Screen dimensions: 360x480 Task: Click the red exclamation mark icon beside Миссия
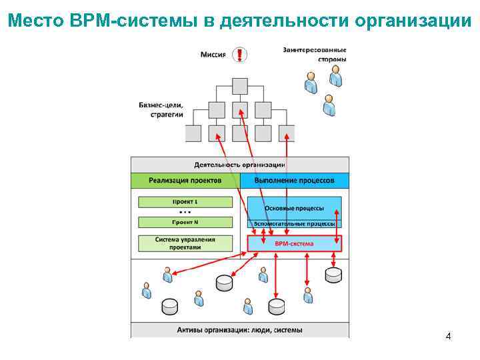point(239,55)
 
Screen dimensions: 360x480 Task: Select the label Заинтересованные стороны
point(314,54)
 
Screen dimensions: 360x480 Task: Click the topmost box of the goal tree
point(240,86)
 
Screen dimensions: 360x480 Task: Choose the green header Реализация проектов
point(185,180)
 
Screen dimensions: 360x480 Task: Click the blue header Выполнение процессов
point(294,180)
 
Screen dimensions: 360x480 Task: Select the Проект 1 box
point(185,201)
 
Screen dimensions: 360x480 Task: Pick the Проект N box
point(185,222)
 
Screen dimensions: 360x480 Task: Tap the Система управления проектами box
point(185,243)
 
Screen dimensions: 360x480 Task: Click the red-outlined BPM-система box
point(294,244)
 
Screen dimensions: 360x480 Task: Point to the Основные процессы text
point(294,208)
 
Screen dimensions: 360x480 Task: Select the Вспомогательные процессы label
point(294,224)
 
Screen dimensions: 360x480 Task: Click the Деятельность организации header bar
point(240,164)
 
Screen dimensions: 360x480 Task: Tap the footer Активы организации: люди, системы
point(240,330)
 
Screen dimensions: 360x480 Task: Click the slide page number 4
point(448,336)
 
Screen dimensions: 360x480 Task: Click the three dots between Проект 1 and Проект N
point(185,212)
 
